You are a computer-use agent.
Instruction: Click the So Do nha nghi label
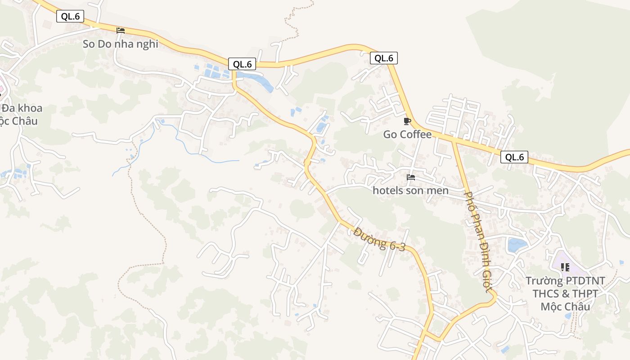click(120, 44)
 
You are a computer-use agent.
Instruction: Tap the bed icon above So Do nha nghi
click(120, 31)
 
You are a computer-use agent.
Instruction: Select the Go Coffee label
click(407, 134)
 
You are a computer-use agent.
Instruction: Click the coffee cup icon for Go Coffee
click(407, 121)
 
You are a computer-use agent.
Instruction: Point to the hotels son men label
click(410, 190)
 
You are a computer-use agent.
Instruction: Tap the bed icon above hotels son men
click(410, 177)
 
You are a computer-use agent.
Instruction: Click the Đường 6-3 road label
click(379, 239)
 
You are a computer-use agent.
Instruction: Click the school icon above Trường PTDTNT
click(565, 267)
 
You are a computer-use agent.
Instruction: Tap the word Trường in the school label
click(544, 281)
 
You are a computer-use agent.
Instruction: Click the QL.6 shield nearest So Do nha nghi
click(71, 17)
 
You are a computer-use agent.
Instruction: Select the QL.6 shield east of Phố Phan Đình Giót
click(514, 157)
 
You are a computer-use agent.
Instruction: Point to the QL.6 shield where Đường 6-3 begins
click(242, 64)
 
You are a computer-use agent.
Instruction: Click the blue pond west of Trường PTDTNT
click(517, 245)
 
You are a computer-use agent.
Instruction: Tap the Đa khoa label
click(22, 108)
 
